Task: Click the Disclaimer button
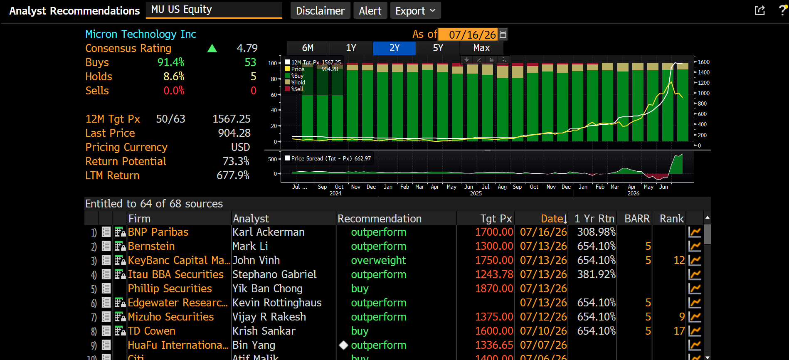click(x=320, y=10)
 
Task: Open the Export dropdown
click(x=415, y=10)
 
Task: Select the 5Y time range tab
click(x=438, y=48)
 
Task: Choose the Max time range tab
click(x=481, y=48)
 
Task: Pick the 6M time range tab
click(x=308, y=48)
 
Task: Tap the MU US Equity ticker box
click(x=214, y=10)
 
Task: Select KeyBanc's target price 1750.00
click(x=494, y=260)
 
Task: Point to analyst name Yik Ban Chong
click(x=267, y=288)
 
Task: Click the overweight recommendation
click(x=378, y=260)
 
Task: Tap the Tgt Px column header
click(x=496, y=219)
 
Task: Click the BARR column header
click(x=637, y=219)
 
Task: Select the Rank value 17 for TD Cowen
click(x=679, y=331)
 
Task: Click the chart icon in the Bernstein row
click(x=695, y=246)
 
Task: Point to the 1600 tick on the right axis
click(x=703, y=62)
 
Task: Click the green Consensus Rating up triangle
click(x=212, y=48)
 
